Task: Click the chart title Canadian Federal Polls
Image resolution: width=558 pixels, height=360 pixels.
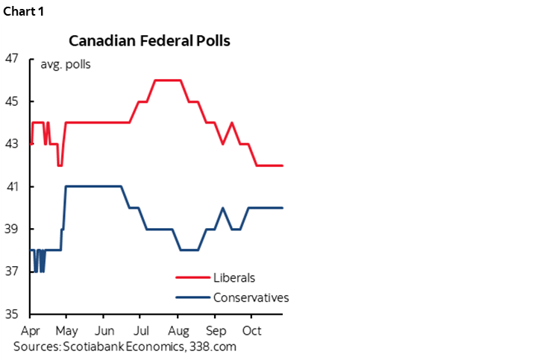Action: [149, 40]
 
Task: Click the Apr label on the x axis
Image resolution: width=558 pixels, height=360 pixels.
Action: [30, 330]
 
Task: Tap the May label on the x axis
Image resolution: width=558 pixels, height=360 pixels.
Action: [66, 330]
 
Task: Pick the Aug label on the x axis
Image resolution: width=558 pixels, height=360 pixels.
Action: [178, 330]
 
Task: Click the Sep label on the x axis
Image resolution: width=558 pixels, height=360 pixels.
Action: [216, 330]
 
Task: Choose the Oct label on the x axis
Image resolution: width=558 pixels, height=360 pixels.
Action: [252, 330]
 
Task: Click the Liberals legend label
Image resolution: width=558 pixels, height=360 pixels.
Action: [234, 278]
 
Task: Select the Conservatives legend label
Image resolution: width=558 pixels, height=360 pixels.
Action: [251, 297]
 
